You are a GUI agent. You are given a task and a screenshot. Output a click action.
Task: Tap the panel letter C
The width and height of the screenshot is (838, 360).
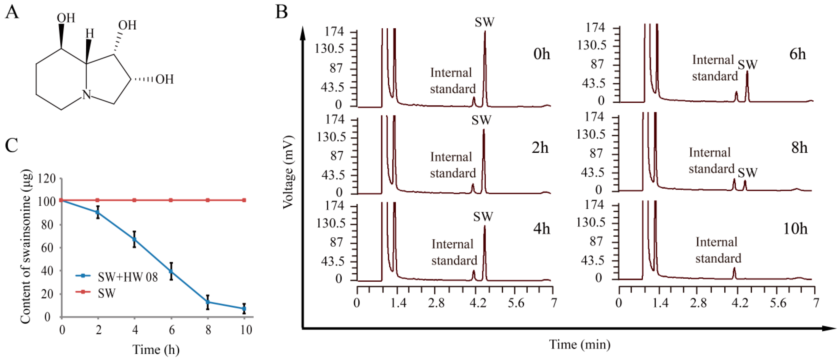[12, 145]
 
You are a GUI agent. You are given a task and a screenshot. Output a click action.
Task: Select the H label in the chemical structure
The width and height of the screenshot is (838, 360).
[90, 34]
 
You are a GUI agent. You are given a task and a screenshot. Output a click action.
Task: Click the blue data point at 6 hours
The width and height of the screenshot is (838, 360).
[171, 271]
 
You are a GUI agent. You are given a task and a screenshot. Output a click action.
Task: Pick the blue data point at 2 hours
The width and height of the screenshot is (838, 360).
[98, 212]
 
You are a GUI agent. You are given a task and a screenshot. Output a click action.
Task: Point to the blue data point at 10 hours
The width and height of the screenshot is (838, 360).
[244, 308]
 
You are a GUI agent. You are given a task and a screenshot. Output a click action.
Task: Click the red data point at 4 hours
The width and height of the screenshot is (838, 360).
[134, 200]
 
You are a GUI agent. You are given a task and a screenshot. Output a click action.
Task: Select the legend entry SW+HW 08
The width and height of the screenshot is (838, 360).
[127, 277]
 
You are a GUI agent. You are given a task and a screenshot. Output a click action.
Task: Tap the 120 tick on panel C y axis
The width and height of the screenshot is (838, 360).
[47, 179]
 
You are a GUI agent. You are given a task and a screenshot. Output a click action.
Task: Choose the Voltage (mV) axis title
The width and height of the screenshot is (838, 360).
[288, 172]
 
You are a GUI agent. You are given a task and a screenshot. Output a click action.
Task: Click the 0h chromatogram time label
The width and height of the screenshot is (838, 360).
[541, 54]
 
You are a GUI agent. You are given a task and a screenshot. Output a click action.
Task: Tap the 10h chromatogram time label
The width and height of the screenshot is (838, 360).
[795, 229]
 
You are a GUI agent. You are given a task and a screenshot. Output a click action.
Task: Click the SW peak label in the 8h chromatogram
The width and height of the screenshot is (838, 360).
[747, 173]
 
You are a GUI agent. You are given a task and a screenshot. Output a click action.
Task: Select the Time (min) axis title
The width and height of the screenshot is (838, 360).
[580, 344]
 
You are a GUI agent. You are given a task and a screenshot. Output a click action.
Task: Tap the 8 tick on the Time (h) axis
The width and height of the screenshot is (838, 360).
[208, 330]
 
